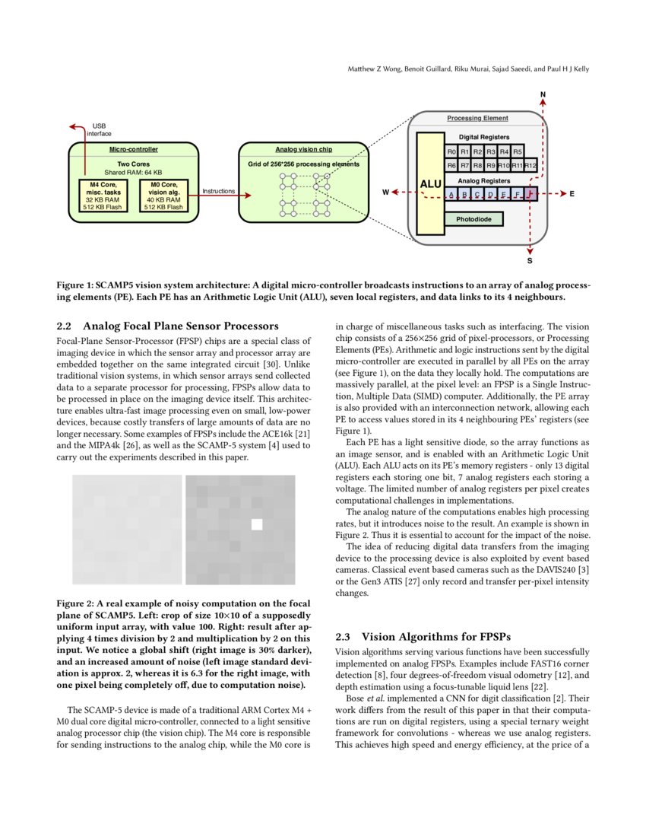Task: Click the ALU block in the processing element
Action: pyautogui.click(x=430, y=183)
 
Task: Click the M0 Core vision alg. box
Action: pyautogui.click(x=164, y=196)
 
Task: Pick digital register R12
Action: pyautogui.click(x=531, y=165)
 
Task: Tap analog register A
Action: pyautogui.click(x=451, y=194)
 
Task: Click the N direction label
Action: pyautogui.click(x=543, y=95)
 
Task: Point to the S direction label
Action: pyautogui.click(x=530, y=261)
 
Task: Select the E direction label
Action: pyautogui.click(x=572, y=193)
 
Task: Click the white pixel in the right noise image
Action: pyautogui.click(x=257, y=524)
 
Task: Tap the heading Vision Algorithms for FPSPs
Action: pyautogui.click(x=436, y=636)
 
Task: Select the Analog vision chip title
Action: pyautogui.click(x=303, y=150)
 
